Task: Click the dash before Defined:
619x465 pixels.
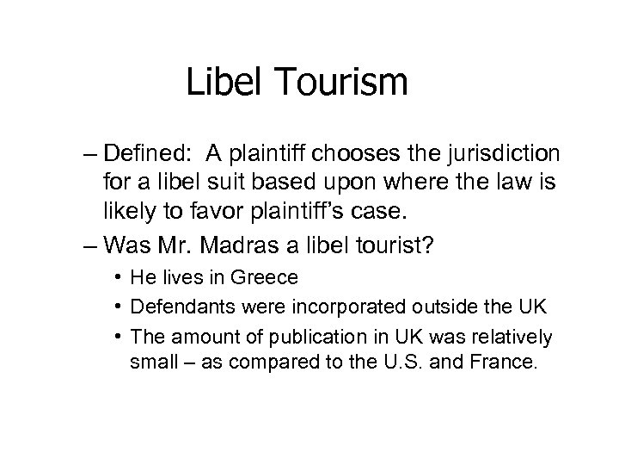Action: pos(92,154)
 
